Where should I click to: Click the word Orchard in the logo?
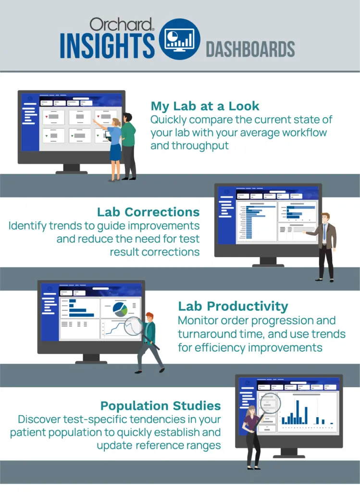click(121, 25)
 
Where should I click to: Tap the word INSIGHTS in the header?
click(107, 46)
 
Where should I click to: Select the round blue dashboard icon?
click(180, 39)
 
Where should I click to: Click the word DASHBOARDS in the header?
click(250, 49)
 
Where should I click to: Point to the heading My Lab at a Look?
click(205, 106)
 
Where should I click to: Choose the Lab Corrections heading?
click(148, 212)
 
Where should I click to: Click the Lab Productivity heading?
click(233, 307)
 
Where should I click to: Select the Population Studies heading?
click(161, 406)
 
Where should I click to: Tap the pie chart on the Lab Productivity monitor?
click(120, 309)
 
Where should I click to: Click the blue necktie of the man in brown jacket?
click(324, 232)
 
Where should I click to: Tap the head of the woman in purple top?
click(252, 412)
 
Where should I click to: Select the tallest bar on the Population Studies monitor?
click(298, 412)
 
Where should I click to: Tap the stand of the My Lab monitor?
click(72, 169)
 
